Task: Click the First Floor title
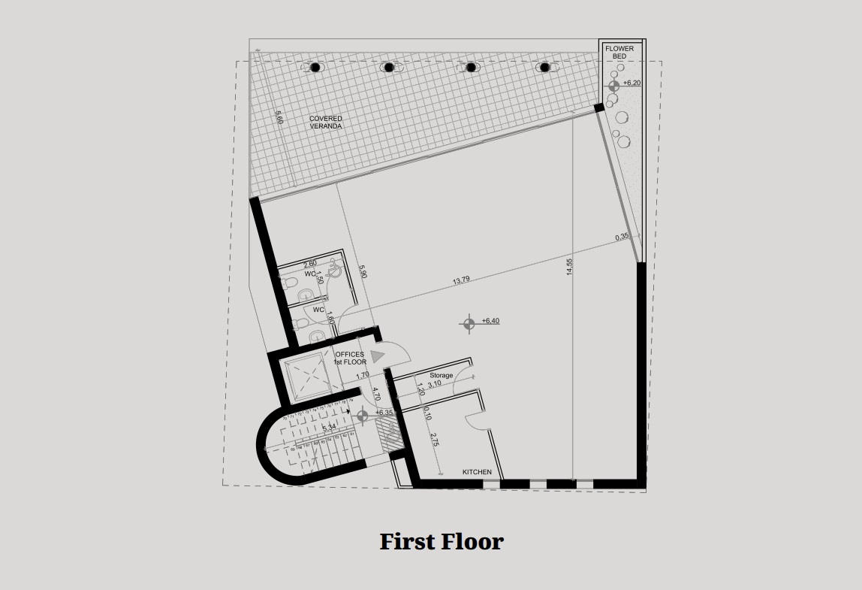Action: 441,541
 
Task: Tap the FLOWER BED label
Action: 619,53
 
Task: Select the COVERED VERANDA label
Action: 325,123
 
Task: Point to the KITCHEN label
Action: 477,472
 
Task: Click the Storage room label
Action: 442,375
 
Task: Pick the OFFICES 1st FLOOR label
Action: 350,358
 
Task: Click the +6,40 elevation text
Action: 490,321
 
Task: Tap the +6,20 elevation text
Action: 631,83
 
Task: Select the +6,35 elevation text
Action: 384,413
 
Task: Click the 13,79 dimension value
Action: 461,281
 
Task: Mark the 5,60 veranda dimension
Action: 279,118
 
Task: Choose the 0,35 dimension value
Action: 622,238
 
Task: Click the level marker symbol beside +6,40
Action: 469,324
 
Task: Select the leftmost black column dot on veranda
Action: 315,68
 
